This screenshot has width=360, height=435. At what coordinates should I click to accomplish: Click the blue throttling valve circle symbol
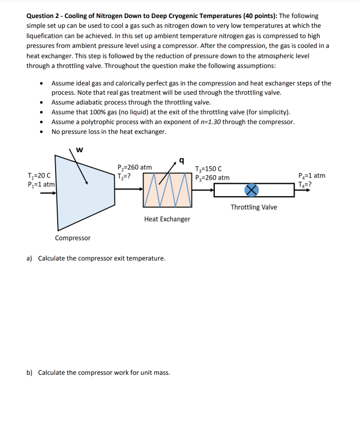coord(252,190)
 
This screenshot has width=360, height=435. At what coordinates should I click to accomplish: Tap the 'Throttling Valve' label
coord(253,207)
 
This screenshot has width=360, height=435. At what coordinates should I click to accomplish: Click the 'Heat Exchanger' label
coord(167,219)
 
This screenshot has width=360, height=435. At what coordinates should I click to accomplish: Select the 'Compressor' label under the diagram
coord(73,238)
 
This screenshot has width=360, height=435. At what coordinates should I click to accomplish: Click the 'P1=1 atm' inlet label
coord(41,184)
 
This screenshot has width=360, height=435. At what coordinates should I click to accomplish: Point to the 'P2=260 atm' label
coord(134,167)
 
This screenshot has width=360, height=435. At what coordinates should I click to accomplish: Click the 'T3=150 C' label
coord(209,169)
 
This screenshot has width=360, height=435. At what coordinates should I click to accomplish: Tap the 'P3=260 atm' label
coord(212,178)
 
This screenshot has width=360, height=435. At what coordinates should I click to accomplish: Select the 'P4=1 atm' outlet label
coord(312,176)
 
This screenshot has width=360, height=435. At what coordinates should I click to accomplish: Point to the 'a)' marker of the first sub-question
coord(30,258)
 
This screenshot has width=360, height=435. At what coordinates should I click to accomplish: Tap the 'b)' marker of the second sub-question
coord(30,372)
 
